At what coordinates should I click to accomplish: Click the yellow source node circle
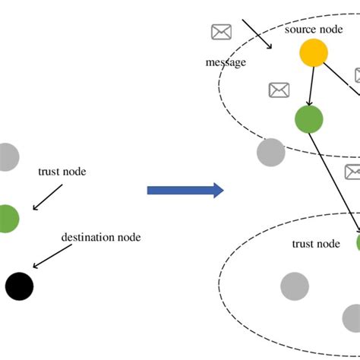(x=313, y=53)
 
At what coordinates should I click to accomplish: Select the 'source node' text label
(x=309, y=30)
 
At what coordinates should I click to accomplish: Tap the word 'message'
(x=226, y=62)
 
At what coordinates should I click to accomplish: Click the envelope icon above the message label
(x=221, y=32)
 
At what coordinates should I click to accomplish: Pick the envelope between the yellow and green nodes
(x=279, y=90)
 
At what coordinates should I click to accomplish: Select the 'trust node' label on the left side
(x=62, y=172)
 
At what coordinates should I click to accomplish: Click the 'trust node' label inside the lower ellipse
(x=316, y=243)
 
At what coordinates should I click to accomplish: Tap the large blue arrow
(x=185, y=190)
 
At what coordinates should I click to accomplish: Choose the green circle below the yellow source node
(x=308, y=119)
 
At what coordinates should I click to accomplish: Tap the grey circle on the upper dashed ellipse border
(x=270, y=152)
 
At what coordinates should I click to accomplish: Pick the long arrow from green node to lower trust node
(x=336, y=182)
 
